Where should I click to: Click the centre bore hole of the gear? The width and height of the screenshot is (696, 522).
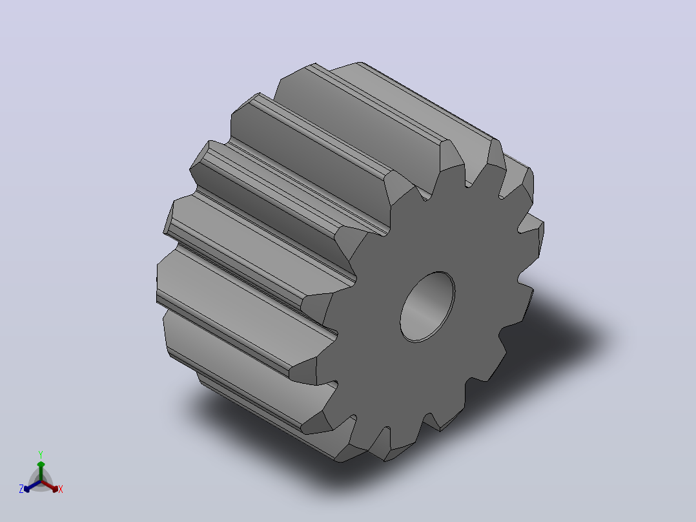(x=427, y=307)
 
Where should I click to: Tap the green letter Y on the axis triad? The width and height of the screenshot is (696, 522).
(x=41, y=454)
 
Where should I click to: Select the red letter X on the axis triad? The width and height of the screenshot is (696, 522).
(x=61, y=489)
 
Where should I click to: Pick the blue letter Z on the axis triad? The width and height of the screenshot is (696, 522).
(x=21, y=489)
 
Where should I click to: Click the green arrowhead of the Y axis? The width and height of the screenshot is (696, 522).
(x=41, y=465)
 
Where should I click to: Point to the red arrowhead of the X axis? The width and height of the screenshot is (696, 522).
(x=54, y=488)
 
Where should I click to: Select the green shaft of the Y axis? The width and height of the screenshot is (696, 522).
(x=41, y=474)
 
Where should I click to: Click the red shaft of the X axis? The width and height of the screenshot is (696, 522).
(x=47, y=485)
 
